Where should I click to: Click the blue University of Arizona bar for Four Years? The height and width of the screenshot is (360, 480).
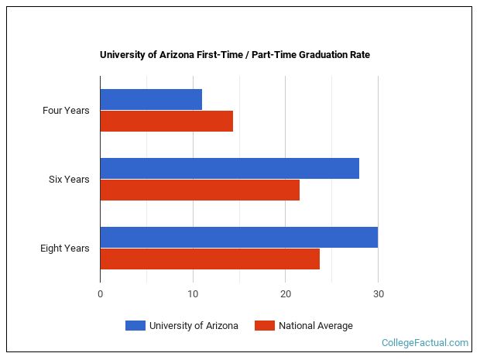(x=151, y=99)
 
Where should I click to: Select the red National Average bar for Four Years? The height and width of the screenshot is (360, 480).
(x=166, y=122)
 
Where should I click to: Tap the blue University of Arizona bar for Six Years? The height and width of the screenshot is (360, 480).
(x=229, y=168)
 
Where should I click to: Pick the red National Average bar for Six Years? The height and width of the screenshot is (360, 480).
(x=200, y=190)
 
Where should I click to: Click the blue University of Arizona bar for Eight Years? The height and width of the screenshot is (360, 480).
(x=238, y=237)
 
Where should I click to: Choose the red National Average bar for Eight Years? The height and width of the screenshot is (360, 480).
(x=210, y=259)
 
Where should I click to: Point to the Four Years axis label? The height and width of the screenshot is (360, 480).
(x=66, y=111)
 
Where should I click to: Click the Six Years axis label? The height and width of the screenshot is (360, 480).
(x=69, y=180)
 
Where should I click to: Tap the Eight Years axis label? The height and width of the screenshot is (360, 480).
(x=65, y=249)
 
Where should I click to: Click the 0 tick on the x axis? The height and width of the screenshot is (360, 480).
(x=100, y=294)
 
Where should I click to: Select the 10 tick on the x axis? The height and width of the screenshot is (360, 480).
(x=193, y=294)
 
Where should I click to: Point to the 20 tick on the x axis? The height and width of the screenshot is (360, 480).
(x=285, y=294)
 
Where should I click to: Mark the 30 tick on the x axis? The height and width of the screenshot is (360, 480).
(x=378, y=294)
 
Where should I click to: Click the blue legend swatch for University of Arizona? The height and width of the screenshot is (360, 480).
(x=135, y=326)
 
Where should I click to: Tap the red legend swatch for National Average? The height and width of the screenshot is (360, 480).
(x=264, y=326)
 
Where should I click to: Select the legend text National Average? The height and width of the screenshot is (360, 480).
(x=315, y=326)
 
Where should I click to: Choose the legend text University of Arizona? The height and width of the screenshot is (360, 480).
(x=194, y=326)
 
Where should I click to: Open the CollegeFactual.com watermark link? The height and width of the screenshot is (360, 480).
(x=425, y=342)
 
